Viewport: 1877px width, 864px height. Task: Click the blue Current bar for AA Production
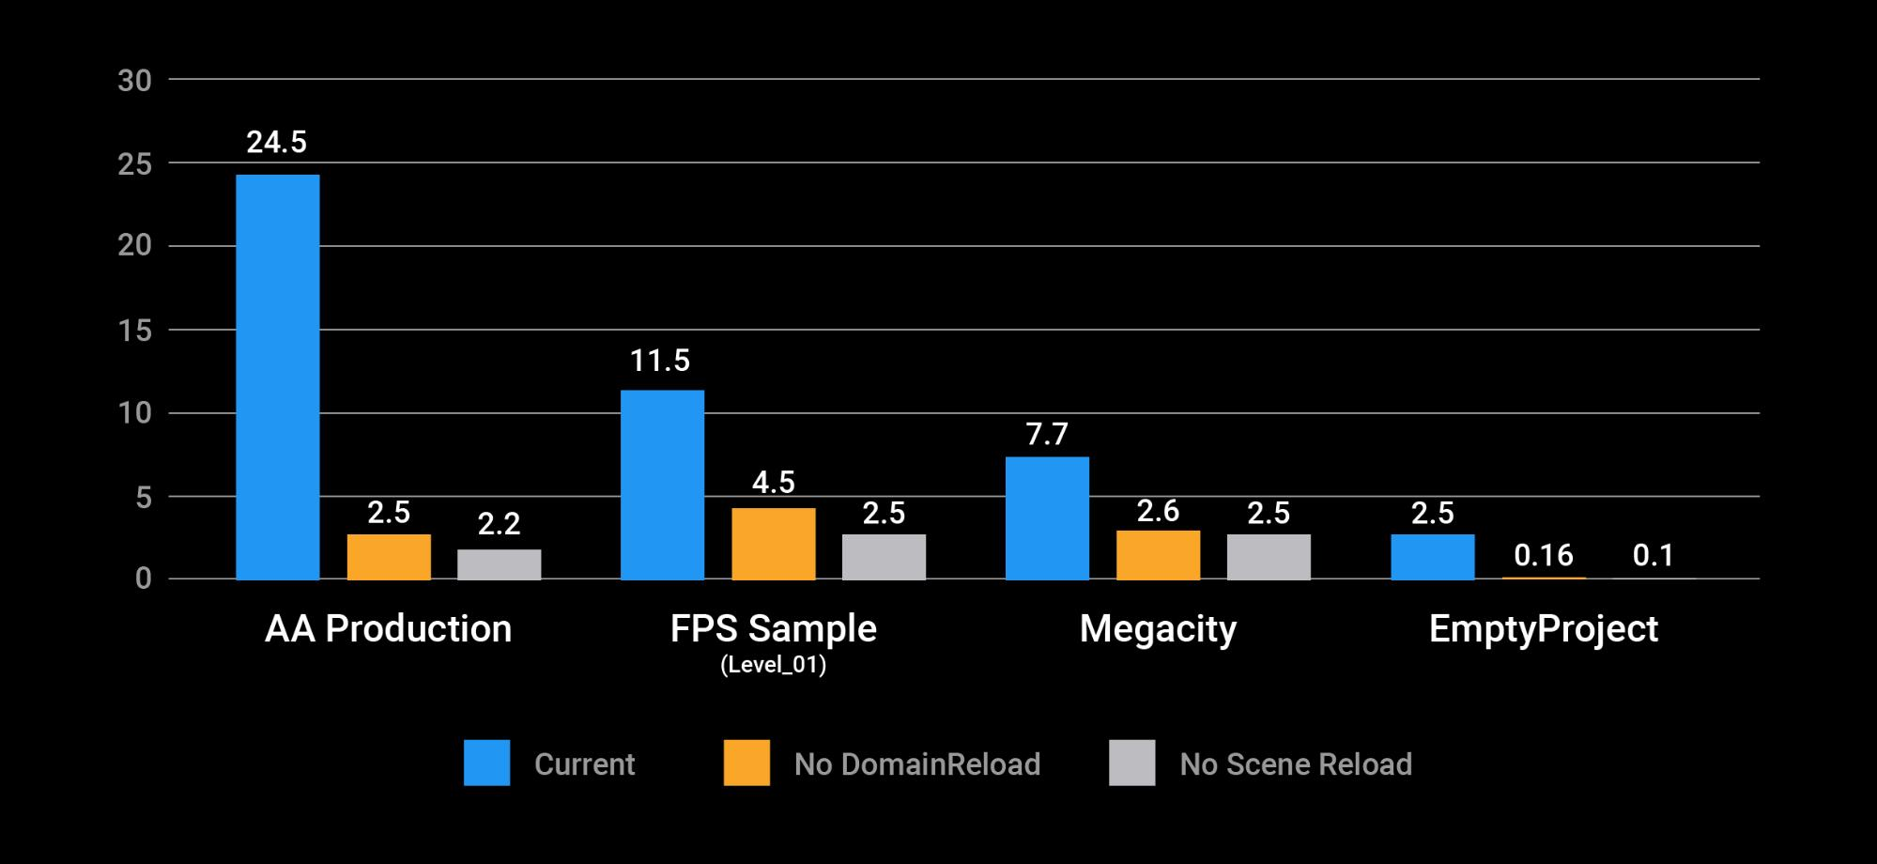coord(277,377)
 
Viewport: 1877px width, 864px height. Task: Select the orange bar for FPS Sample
coord(773,544)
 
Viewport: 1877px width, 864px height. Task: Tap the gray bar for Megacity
coord(1268,557)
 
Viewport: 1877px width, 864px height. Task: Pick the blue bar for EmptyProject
coord(1432,557)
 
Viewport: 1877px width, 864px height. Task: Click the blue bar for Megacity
coord(1047,517)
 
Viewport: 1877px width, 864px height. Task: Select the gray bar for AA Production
coord(499,564)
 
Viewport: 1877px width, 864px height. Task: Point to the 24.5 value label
coord(276,143)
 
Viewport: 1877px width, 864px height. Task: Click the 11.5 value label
coord(660,361)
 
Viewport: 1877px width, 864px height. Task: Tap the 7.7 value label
coord(1047,434)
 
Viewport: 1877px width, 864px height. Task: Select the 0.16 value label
coord(1544,555)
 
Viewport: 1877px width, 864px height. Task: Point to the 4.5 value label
coord(773,483)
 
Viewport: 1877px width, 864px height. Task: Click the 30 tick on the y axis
coord(134,81)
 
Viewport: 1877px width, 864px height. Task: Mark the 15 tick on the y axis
coord(134,331)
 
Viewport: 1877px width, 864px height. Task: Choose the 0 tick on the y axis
coord(143,579)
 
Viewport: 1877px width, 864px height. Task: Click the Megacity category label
coord(1158,629)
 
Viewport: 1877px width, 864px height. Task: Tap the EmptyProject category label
coord(1543,629)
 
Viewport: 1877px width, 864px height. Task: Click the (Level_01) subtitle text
coord(773,666)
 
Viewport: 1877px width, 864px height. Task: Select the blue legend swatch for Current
coord(486,763)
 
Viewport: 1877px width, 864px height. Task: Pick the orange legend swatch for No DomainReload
coord(746,763)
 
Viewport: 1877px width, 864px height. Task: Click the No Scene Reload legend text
coord(1295,764)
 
